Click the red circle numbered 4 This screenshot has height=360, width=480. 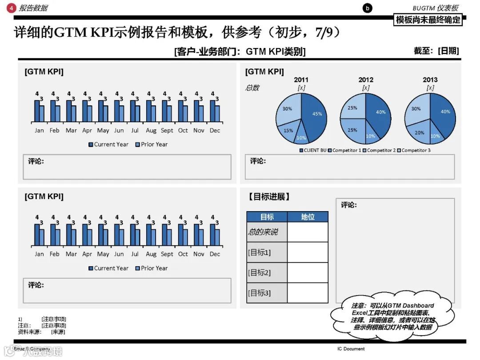click(12, 8)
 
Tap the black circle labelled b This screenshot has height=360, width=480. click(367, 8)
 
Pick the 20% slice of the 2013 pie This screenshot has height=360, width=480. click(419, 132)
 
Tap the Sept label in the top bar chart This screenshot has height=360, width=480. click(167, 131)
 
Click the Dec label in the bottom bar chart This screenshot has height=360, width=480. click(215, 254)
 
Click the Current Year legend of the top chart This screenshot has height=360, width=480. click(108, 144)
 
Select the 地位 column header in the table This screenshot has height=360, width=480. click(308, 217)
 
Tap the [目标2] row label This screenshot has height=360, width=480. click(259, 272)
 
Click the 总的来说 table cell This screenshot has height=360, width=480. click(263, 232)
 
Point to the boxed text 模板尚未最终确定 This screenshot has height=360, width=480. click(428, 20)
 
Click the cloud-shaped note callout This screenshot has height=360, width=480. click(392, 316)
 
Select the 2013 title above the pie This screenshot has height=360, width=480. click(430, 80)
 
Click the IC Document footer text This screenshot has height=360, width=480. click(351, 349)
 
